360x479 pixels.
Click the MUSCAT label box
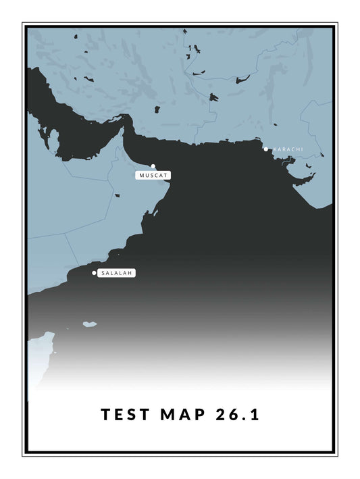pos(153,175)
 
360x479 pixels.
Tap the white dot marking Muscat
pos(153,166)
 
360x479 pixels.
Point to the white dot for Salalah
pos(94,273)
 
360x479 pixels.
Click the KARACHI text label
pos(288,149)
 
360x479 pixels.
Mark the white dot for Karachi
pos(266,149)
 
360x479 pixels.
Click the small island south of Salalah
pos(90,324)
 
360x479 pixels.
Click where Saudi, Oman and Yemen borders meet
pos(66,234)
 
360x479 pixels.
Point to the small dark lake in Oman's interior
pos(116,197)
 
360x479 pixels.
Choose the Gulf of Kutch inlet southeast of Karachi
pos(303,180)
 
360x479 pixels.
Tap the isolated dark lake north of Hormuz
pos(157,108)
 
